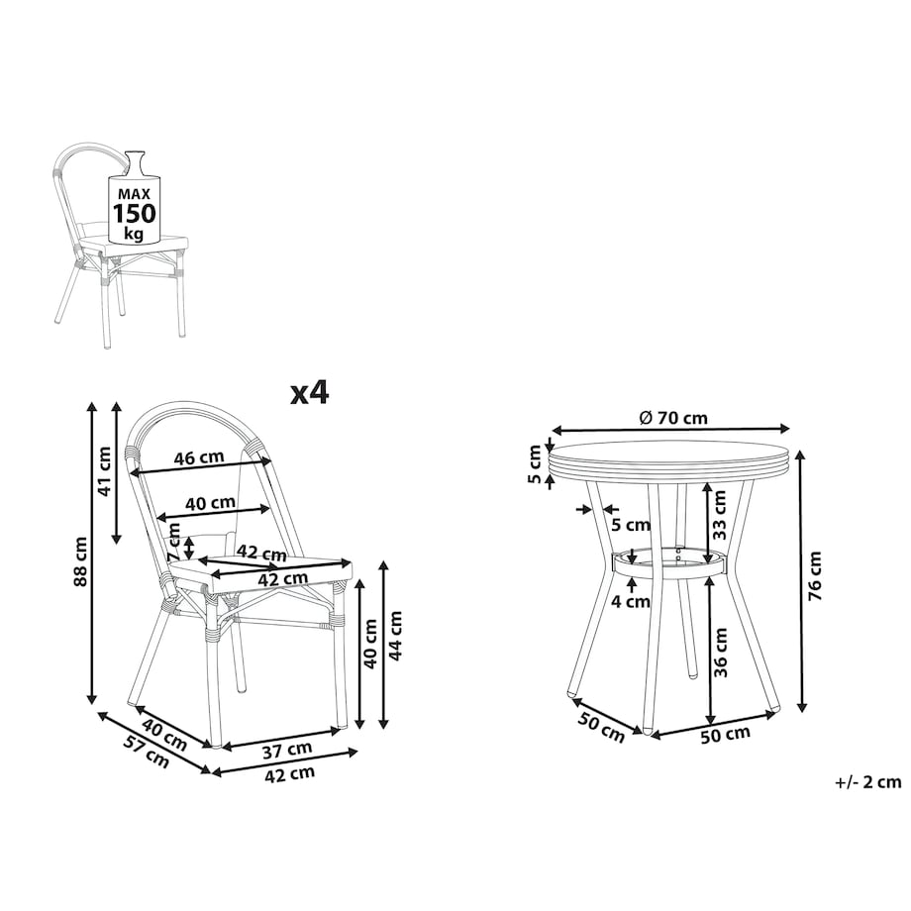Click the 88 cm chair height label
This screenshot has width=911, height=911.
[81, 560]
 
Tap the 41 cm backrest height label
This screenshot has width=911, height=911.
[105, 470]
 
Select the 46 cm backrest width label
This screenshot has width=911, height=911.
[199, 457]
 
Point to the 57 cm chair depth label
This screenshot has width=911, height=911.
[146, 751]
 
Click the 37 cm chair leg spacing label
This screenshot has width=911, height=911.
[287, 750]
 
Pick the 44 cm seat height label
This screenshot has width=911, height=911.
[395, 635]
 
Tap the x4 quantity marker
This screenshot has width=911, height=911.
[310, 392]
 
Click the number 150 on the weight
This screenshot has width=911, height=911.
[135, 213]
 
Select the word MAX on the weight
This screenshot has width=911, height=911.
[135, 194]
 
